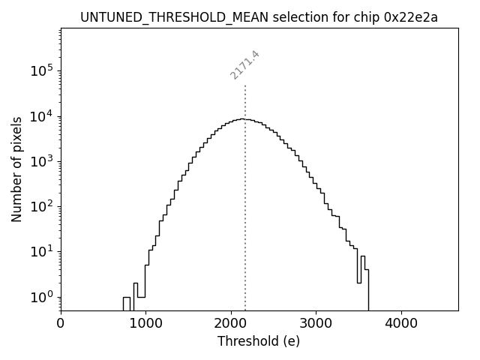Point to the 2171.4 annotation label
point(245,65)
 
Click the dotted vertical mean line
point(245,210)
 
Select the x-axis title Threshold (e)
point(259,341)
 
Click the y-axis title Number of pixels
point(17,169)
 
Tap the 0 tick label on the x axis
point(61,324)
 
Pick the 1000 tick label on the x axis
point(145,324)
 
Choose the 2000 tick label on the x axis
point(231,324)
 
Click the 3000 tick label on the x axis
point(316,324)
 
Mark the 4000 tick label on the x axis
point(401,324)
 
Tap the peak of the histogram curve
point(241,119)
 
